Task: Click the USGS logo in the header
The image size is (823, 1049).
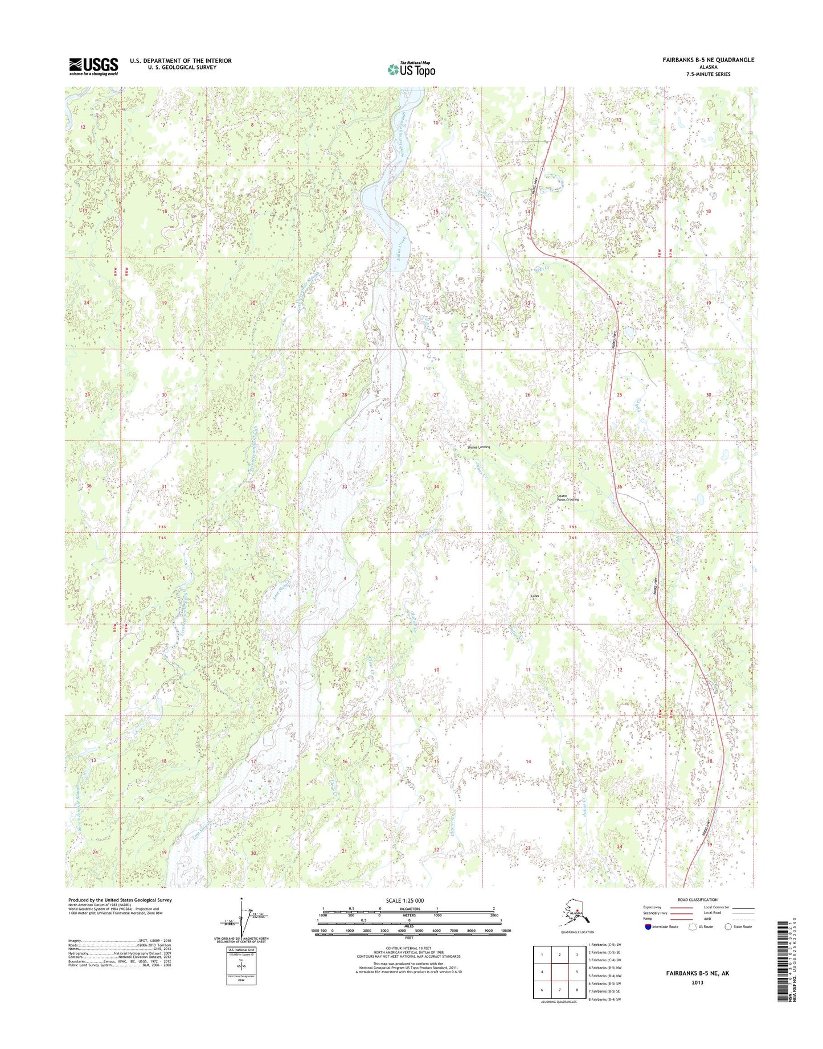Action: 93,66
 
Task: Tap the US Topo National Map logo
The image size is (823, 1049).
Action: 411,69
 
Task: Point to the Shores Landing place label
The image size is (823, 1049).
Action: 478,447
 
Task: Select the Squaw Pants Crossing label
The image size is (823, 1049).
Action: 567,498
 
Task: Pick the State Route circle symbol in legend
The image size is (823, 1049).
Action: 728,927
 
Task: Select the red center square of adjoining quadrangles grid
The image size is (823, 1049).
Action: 560,972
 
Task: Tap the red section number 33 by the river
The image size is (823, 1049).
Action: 344,487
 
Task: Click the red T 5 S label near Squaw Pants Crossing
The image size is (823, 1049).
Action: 574,527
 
